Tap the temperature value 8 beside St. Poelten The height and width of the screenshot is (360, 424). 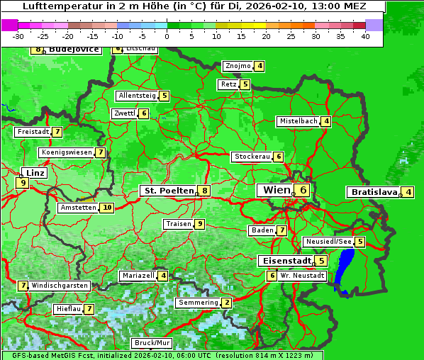(204, 190)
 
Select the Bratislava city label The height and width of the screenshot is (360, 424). (373, 192)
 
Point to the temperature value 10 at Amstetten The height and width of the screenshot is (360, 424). (106, 208)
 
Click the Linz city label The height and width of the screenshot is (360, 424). (35, 173)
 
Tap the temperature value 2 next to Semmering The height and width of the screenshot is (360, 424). (226, 303)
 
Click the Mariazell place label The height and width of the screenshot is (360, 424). (138, 275)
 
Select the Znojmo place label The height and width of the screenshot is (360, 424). (238, 66)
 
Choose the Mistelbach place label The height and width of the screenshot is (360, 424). (299, 121)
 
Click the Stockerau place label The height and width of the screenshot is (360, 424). (252, 157)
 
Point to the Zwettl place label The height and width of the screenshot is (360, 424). (124, 113)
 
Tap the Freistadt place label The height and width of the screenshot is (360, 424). (33, 132)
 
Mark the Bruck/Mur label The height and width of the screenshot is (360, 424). (152, 343)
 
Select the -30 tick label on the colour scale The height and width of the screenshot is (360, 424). (19, 35)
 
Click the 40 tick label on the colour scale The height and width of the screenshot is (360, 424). (365, 35)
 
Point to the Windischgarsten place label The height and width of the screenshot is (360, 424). (60, 285)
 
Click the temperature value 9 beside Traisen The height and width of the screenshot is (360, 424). (201, 224)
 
